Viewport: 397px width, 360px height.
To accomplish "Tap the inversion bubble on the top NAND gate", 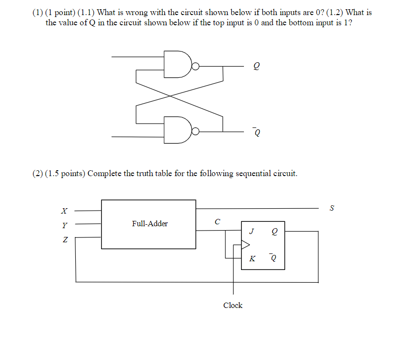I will point(195,67).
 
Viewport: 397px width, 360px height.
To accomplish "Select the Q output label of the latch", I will point(257,68).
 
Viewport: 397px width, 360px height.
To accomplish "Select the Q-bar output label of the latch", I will point(256,132).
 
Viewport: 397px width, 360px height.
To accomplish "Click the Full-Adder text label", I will point(150,224).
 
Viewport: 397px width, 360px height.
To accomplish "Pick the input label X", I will point(63,211).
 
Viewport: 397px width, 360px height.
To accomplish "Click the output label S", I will point(332,208).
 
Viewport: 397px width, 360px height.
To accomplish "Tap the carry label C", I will point(217,222).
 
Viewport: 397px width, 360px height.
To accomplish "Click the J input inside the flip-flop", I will point(251,232).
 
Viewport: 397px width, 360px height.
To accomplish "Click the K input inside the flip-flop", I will point(252,258).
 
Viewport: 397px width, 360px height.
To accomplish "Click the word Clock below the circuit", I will point(233,306).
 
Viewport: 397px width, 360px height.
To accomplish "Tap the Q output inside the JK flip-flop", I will point(275,232).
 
